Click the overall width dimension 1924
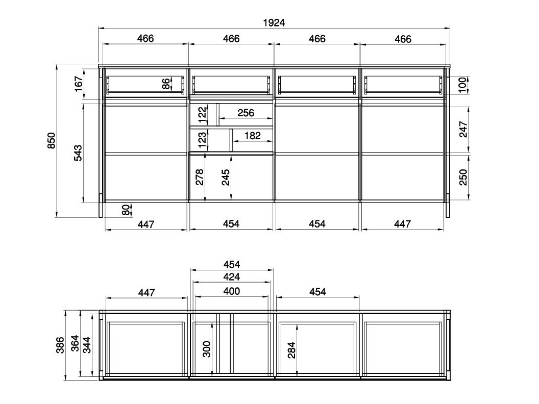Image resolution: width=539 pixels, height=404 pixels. (274, 22)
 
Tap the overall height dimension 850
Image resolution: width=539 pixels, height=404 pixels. (51, 141)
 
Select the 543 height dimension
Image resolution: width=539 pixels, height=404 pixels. (78, 153)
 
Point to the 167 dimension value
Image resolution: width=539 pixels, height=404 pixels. (78, 84)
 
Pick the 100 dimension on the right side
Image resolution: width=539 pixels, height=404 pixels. (463, 85)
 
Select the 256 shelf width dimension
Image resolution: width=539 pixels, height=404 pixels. (246, 113)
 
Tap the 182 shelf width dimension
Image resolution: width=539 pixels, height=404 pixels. (253, 136)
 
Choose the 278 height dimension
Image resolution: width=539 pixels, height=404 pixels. (200, 176)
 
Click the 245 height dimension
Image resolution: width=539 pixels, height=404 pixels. (226, 176)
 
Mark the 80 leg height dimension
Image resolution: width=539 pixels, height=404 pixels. (125, 209)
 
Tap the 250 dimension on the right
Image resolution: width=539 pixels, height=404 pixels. (463, 177)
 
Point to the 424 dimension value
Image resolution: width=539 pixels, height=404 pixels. (232, 277)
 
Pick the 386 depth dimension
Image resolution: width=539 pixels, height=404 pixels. (60, 345)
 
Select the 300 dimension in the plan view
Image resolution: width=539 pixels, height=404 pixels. (207, 349)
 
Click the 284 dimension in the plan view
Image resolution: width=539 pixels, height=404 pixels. (292, 350)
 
